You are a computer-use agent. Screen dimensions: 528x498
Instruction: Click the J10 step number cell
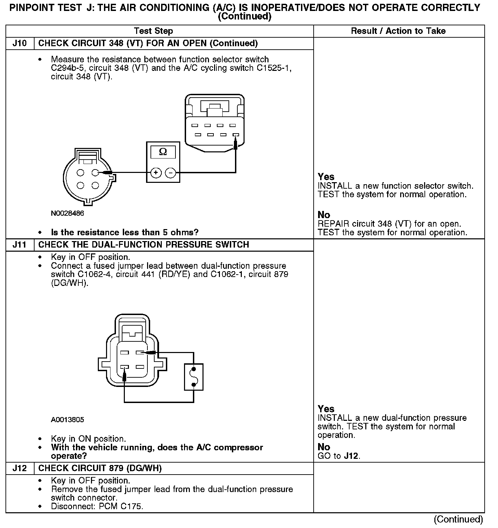(20, 43)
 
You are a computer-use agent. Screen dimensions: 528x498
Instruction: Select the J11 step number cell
(20, 245)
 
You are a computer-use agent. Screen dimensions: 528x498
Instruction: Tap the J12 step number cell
(20, 468)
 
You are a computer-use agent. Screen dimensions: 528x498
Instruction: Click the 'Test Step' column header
(154, 31)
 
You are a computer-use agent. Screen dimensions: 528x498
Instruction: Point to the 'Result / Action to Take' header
(398, 31)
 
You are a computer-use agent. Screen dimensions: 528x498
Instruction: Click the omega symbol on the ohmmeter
(163, 152)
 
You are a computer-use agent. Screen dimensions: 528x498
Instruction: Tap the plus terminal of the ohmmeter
(156, 173)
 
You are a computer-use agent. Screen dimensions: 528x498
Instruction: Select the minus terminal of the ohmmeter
(170, 173)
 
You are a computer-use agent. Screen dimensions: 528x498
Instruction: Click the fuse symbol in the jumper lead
(194, 377)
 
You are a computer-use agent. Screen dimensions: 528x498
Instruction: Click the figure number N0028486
(67, 213)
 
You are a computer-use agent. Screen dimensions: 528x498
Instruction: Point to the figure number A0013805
(67, 419)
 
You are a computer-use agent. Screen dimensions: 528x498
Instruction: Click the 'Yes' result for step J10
(326, 177)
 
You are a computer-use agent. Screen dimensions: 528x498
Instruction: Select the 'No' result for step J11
(324, 447)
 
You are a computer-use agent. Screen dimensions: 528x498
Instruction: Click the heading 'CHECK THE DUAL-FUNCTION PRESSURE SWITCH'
(144, 245)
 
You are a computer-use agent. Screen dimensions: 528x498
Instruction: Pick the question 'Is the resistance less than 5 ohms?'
(124, 232)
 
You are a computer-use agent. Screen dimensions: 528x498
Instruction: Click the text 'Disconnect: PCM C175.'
(97, 506)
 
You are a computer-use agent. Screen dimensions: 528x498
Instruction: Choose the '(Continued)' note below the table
(458, 519)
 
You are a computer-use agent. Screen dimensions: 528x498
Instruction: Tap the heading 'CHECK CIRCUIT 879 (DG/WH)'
(100, 468)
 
